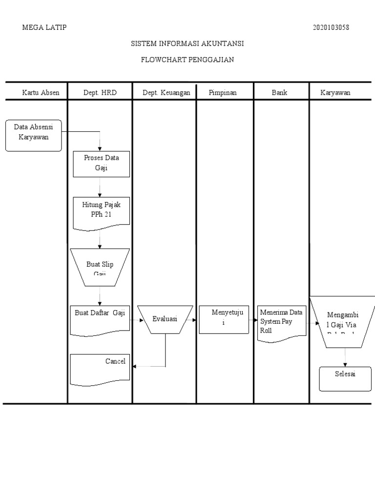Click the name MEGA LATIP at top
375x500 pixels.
44,27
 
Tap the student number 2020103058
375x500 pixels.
331,27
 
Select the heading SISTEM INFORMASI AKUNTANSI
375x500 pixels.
187,44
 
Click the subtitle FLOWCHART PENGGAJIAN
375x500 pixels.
187,60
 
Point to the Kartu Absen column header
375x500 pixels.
41,92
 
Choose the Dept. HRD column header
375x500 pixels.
100,92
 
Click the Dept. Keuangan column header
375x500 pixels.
166,92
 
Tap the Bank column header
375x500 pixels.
280,92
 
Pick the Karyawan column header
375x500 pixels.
335,92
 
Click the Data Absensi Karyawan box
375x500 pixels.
34,135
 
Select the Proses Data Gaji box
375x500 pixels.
102,164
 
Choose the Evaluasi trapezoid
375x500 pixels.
165,319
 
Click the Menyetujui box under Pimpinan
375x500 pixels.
224,319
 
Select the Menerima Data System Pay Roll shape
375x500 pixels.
282,322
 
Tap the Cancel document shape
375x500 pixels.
101,368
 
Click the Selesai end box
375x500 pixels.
345,379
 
